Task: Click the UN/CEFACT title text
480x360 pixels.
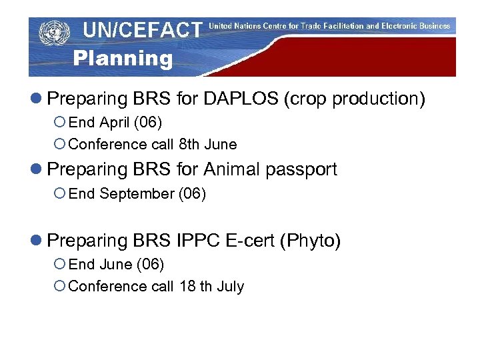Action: tap(142, 30)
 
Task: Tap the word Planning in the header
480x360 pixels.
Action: tap(123, 59)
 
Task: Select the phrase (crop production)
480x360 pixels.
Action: tap(355, 99)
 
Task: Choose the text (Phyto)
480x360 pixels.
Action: tap(311, 241)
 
